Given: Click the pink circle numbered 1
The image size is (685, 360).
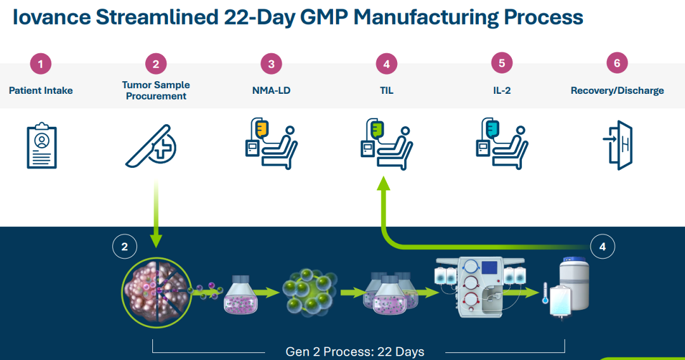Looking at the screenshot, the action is tap(41, 64).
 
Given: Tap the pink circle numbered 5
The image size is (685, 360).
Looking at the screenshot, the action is tap(502, 63).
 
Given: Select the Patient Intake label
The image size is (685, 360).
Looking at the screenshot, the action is tap(41, 91).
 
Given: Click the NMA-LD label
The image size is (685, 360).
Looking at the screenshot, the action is tap(271, 91).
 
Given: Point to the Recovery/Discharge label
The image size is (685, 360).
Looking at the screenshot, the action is tap(617, 91).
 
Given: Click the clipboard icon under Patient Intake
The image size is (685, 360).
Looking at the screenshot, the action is tap(41, 145).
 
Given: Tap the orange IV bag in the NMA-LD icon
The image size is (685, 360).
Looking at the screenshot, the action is tap(262, 129).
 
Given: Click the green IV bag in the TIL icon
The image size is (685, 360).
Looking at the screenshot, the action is tap(377, 129).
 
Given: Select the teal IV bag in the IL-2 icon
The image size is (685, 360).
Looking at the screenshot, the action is tap(492, 129).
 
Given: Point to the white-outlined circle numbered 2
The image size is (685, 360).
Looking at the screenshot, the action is tap(124, 247).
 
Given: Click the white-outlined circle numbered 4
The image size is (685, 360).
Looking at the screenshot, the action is tap(603, 247).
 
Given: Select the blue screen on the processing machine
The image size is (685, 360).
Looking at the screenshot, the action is tap(490, 268).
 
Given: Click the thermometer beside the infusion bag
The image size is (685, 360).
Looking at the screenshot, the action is tap(545, 293).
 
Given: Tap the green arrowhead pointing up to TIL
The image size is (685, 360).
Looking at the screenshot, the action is tap(384, 183).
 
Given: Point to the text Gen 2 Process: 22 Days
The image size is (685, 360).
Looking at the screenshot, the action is tap(355, 352).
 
